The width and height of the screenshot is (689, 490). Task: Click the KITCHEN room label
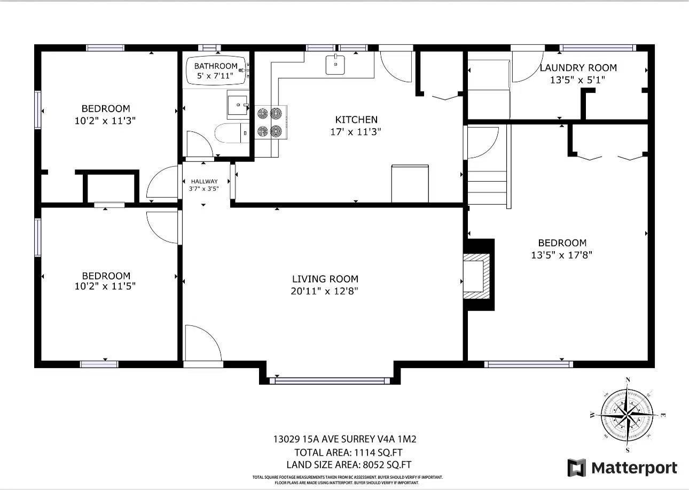point(356,120)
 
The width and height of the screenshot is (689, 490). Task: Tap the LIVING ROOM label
point(325,279)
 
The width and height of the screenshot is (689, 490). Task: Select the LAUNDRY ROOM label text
point(578,68)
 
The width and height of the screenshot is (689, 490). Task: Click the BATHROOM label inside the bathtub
point(215,66)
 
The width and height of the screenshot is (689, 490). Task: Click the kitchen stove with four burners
point(270,122)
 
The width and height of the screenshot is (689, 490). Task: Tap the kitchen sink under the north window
point(335,64)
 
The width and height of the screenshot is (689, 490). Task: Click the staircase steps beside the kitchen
point(487,188)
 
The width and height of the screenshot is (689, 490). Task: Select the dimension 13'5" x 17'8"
point(562,255)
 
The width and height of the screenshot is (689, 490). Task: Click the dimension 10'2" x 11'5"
point(106,286)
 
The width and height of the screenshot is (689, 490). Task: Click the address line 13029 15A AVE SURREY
point(344,440)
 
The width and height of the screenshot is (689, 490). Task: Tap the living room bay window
point(330,380)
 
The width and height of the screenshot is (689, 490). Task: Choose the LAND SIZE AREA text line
point(349,464)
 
